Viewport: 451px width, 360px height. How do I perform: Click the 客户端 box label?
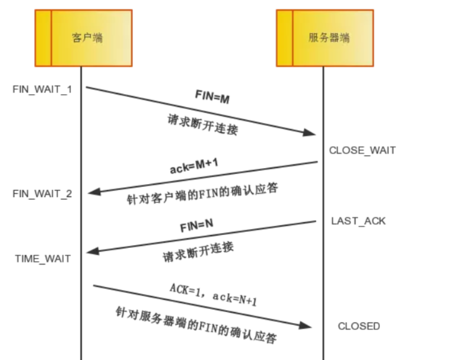click(87, 38)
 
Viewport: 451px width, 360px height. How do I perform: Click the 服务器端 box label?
click(329, 38)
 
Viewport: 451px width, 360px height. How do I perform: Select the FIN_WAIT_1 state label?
click(42, 89)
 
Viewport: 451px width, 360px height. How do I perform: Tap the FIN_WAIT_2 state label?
click(42, 194)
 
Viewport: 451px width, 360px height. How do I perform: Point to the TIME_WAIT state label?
click(43, 258)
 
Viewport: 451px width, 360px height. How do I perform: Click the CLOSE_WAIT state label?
click(362, 150)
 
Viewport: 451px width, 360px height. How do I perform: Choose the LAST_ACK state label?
click(358, 221)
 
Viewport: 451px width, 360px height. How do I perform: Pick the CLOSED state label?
click(359, 326)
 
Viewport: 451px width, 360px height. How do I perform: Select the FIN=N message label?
click(197, 226)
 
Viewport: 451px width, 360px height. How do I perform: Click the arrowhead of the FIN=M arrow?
click(309, 133)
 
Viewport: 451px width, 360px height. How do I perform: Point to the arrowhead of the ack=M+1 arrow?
click(93, 192)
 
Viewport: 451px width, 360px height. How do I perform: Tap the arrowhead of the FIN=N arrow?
click(93, 251)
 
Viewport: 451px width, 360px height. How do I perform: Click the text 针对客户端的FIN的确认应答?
click(202, 194)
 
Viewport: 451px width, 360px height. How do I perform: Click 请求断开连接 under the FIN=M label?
click(203, 125)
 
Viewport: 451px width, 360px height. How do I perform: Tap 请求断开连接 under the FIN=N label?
click(198, 253)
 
